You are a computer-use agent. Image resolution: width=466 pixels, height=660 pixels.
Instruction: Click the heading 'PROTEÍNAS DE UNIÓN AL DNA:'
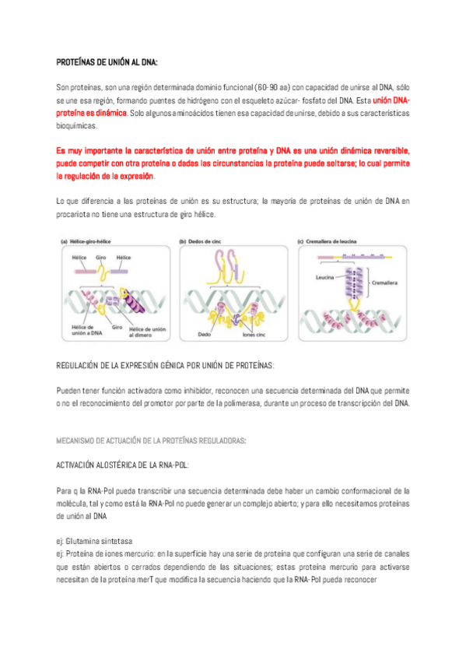click(x=107, y=62)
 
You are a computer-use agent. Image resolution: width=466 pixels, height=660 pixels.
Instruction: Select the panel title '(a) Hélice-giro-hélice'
click(x=86, y=241)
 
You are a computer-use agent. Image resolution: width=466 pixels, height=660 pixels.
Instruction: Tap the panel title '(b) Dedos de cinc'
click(x=200, y=241)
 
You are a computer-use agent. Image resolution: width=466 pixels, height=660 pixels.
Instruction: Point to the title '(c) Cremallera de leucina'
click(x=328, y=241)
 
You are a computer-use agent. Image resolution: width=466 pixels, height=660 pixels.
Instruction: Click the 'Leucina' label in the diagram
click(x=324, y=277)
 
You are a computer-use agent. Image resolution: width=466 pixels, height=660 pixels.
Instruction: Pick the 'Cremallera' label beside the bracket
click(x=384, y=283)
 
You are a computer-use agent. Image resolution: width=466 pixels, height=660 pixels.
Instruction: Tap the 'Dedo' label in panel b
click(x=205, y=335)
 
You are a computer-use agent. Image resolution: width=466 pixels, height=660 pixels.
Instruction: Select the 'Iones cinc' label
click(x=254, y=335)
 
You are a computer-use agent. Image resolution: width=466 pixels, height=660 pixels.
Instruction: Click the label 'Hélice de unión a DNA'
click(x=86, y=330)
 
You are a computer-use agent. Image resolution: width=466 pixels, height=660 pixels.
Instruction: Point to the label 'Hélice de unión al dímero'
click(x=147, y=332)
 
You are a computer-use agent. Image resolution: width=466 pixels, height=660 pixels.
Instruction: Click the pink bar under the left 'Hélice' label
click(x=86, y=272)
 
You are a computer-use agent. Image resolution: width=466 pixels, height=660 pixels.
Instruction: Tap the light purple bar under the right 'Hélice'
click(x=119, y=272)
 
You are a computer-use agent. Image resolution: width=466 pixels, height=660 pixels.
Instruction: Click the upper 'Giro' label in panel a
click(x=101, y=258)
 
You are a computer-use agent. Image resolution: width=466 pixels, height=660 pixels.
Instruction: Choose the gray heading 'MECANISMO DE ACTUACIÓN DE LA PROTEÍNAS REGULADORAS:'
click(x=151, y=441)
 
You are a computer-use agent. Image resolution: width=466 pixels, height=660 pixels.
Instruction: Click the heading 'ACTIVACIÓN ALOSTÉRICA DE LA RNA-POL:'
click(x=122, y=465)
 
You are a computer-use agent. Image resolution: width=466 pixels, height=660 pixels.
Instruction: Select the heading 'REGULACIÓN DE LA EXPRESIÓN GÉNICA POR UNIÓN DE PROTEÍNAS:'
click(x=165, y=365)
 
